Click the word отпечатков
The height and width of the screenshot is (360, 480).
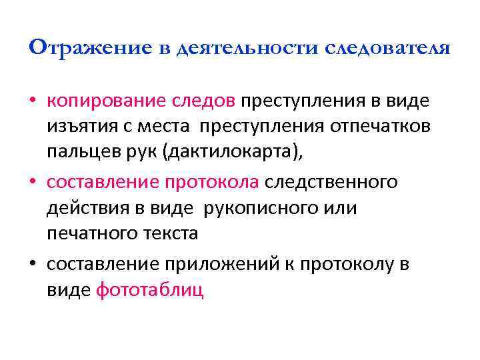tap(387, 126)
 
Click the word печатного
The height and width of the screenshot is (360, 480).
tap(89, 234)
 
